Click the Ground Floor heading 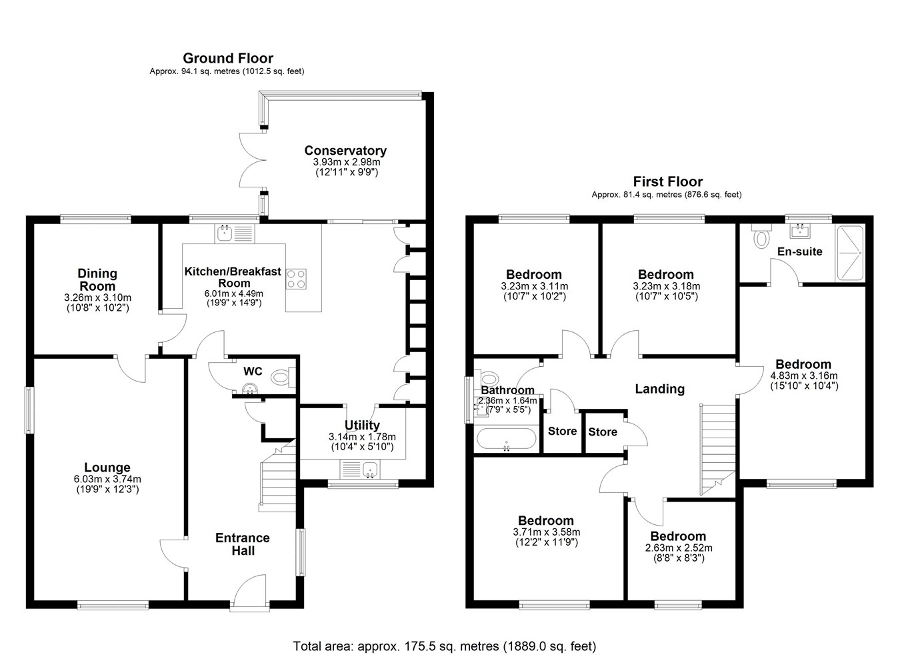[x=228, y=58]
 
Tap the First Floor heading [x=668, y=181]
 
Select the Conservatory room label [x=345, y=150]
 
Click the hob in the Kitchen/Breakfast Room [x=296, y=279]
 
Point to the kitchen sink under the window [x=235, y=233]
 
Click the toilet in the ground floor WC [x=283, y=378]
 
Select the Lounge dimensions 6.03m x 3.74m [x=107, y=480]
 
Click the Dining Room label [x=97, y=280]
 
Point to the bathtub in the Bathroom [x=506, y=439]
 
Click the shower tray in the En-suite [x=849, y=253]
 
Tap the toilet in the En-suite [x=761, y=236]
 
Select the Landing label [x=660, y=389]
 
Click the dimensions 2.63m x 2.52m [x=679, y=548]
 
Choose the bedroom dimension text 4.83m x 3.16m [x=803, y=376]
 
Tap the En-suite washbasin [x=801, y=231]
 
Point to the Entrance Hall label [x=243, y=544]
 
